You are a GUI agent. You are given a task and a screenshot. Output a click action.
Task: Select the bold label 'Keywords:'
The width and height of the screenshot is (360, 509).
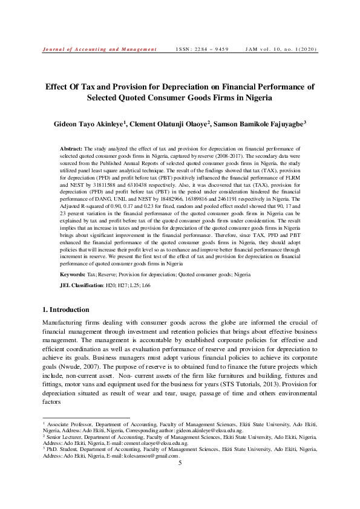pos(73,274)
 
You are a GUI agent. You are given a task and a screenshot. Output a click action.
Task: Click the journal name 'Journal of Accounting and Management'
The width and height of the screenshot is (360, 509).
pos(99,50)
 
